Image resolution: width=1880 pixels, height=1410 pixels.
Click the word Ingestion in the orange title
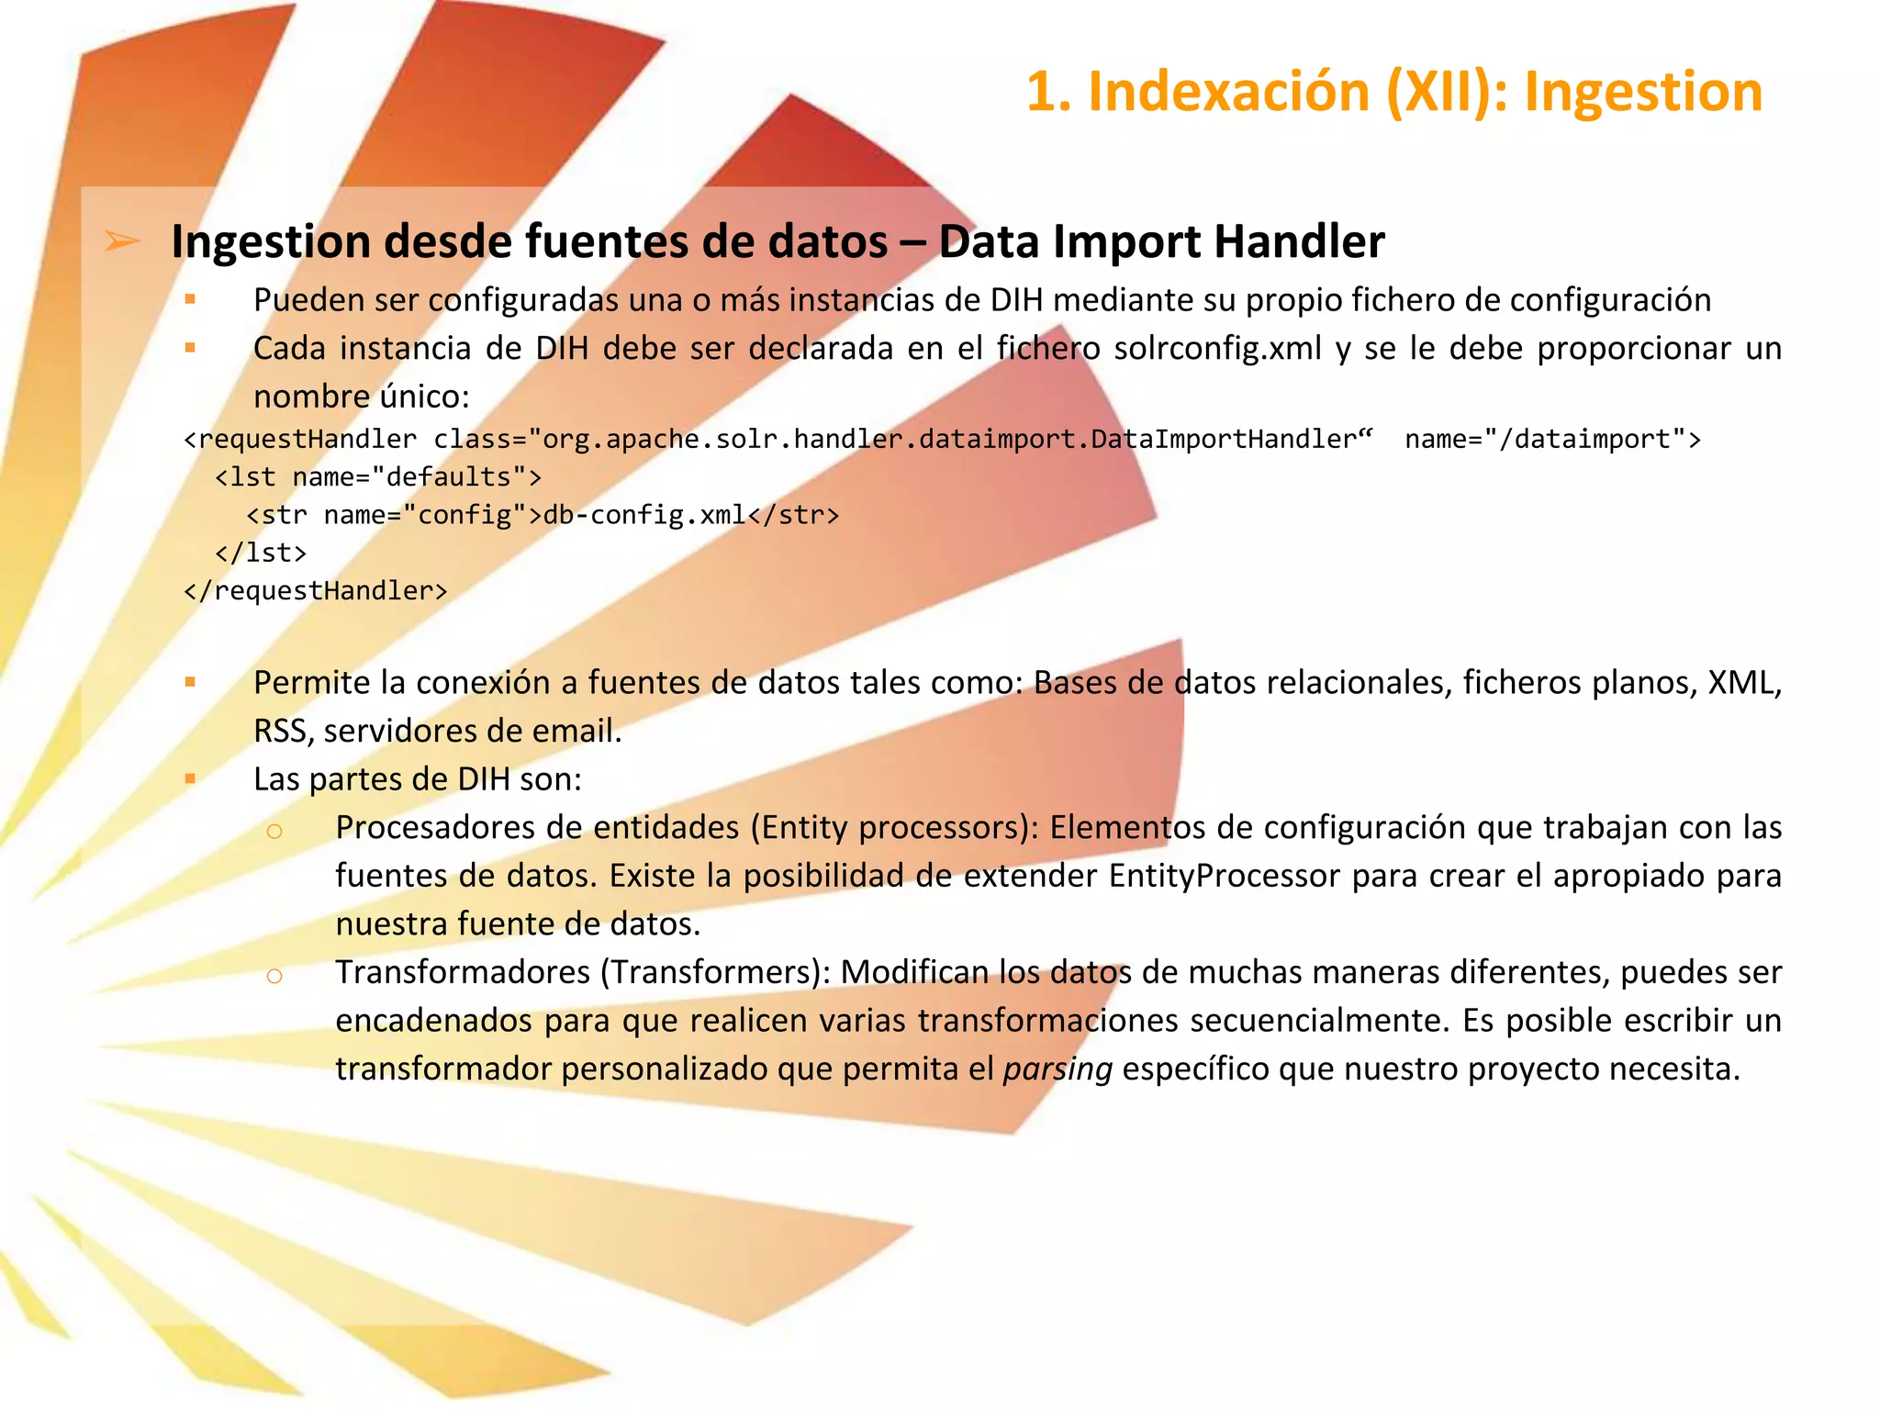[1643, 92]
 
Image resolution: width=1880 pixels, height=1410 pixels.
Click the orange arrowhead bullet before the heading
[121, 241]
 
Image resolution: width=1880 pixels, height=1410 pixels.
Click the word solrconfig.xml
[1217, 349]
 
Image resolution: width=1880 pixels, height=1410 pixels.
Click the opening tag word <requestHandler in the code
[300, 440]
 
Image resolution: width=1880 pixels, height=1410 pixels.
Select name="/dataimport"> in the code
[1552, 440]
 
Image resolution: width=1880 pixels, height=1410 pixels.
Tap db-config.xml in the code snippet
[644, 515]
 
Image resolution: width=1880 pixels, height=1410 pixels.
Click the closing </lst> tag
[261, 553]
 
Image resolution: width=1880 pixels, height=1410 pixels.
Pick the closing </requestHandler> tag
[316, 590]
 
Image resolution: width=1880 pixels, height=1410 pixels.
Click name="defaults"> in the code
[417, 477]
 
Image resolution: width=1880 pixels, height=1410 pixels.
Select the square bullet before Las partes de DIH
[190, 779]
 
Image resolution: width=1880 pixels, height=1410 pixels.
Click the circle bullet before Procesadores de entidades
[274, 831]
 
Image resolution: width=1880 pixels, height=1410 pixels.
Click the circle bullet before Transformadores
[274, 975]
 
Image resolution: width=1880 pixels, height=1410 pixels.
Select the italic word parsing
[1057, 1069]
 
